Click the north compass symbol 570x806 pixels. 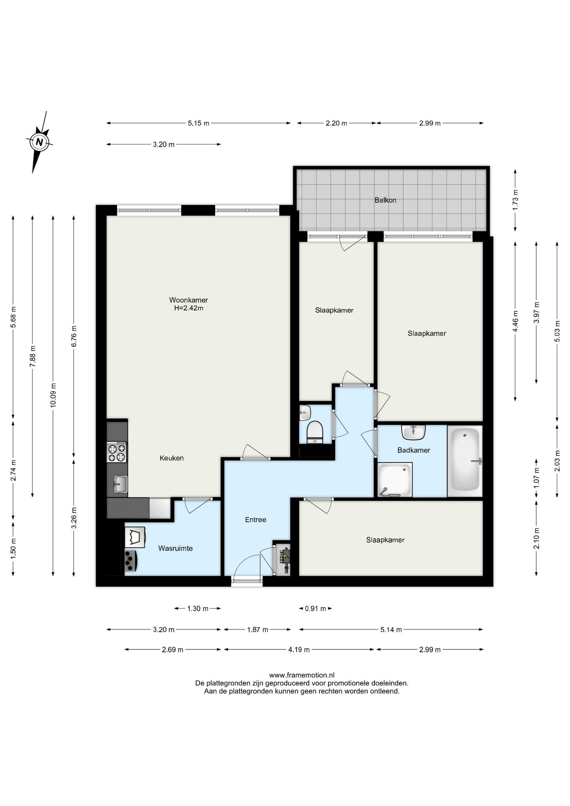[x=39, y=142]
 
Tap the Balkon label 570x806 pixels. [x=385, y=200]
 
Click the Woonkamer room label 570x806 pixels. [x=188, y=300]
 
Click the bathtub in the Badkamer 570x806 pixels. [x=465, y=461]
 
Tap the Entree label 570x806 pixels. [x=256, y=520]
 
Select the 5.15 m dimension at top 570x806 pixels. [x=199, y=123]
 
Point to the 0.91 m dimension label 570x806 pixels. [x=316, y=608]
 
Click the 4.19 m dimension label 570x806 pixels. [x=299, y=649]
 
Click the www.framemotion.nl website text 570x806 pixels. [x=302, y=675]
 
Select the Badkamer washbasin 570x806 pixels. [x=413, y=432]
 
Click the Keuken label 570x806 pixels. [x=172, y=458]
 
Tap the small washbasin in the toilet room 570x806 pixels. [x=305, y=413]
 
